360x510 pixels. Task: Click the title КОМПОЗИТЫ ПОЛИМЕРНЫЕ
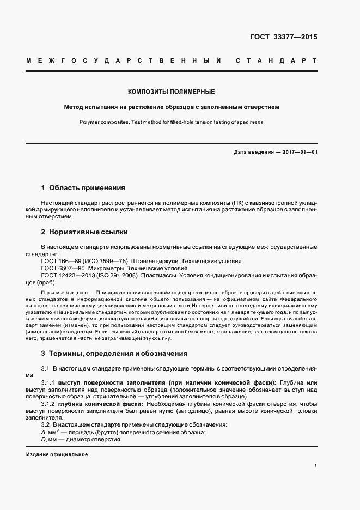tap(171, 92)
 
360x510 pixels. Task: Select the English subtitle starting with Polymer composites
tap(171, 122)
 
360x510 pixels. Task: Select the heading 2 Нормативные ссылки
tap(84, 232)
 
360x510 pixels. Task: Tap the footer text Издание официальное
tap(57, 454)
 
